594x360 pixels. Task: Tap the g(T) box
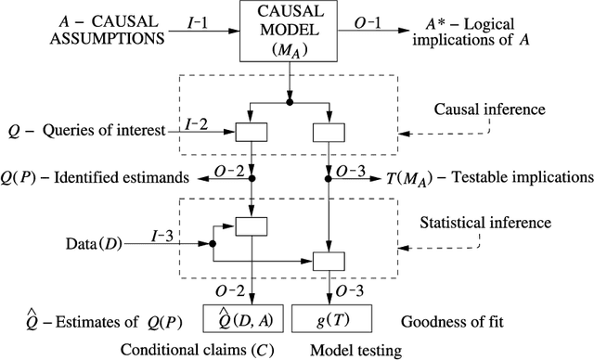click(x=333, y=318)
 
